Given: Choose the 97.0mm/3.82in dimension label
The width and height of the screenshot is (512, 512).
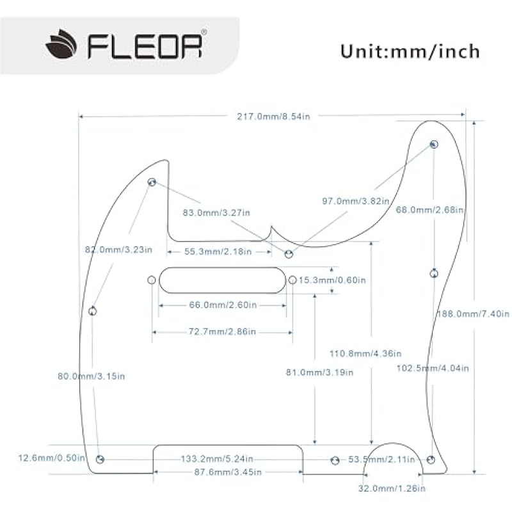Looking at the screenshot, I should [x=355, y=201].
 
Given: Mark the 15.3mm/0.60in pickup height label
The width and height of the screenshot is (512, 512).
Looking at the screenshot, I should [x=332, y=280].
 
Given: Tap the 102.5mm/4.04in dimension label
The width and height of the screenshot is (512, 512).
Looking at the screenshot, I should [x=433, y=368].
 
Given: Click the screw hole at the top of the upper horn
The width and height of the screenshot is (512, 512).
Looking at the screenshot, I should [x=434, y=144].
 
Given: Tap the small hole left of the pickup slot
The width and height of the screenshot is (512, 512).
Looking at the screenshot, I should [x=152, y=280].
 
